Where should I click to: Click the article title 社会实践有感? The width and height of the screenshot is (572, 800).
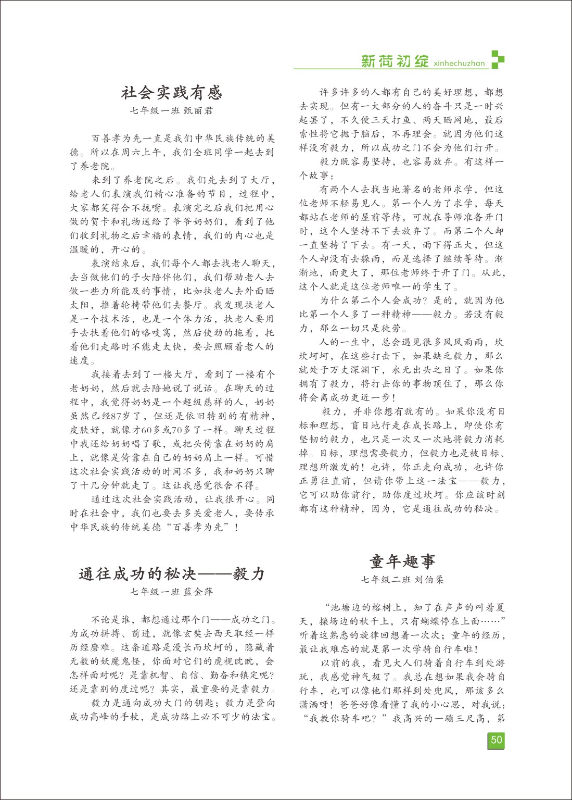[x=172, y=93]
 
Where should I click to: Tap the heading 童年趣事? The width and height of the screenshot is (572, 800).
[x=402, y=561]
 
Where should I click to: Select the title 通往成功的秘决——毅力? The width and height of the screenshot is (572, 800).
[x=172, y=573]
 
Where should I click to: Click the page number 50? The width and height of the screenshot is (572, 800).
[x=497, y=740]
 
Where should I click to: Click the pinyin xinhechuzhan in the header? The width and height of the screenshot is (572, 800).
[x=459, y=64]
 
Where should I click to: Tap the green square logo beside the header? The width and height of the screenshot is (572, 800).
[x=498, y=59]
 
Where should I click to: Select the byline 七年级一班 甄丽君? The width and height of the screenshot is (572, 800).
[x=172, y=110]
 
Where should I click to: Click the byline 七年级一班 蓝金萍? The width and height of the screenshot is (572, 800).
[x=172, y=592]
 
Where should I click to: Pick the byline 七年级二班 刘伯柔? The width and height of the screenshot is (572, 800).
[x=402, y=579]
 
